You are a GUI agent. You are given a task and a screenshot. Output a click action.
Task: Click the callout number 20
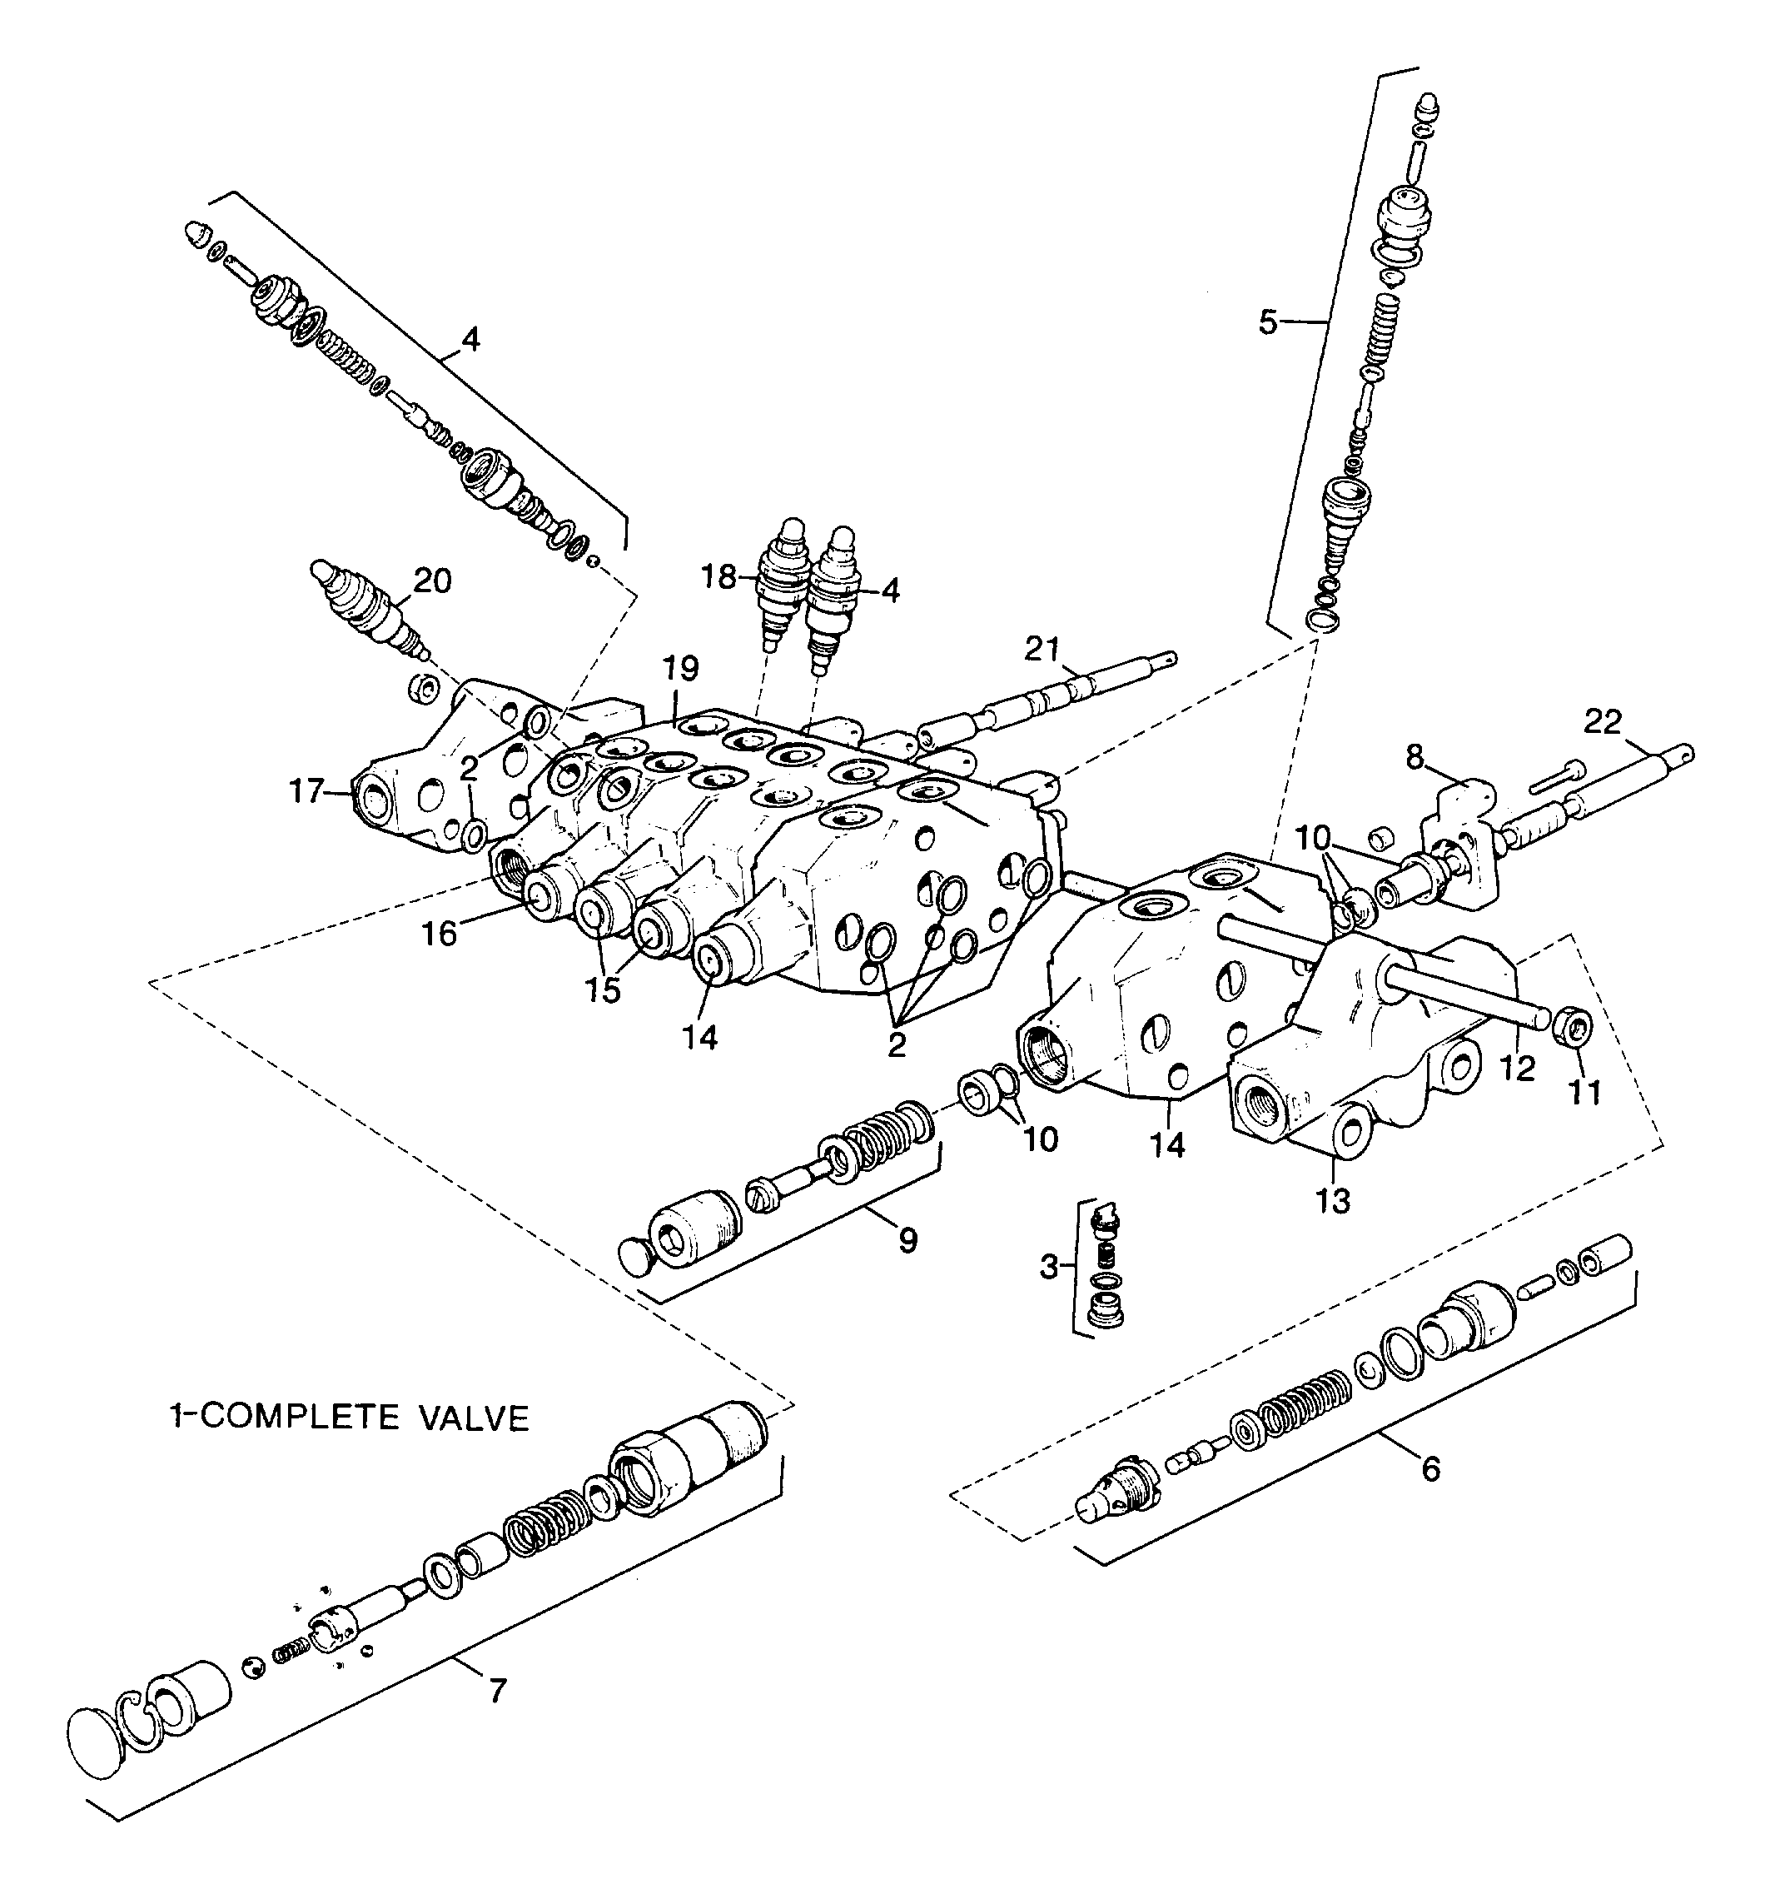coord(433,580)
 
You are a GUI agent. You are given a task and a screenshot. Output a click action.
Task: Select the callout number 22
coord(1603,721)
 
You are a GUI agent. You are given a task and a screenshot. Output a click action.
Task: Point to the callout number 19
coord(680,668)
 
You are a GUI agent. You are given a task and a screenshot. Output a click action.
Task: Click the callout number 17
coord(308,790)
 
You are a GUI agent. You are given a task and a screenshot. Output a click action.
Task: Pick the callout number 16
coord(440,934)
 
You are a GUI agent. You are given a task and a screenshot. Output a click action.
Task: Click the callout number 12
coord(1517,1068)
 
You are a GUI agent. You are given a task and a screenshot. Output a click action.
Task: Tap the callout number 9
coord(907,1240)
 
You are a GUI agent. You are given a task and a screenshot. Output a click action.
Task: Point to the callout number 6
coord(1429,1469)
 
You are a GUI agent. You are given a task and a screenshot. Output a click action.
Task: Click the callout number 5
coord(1269,322)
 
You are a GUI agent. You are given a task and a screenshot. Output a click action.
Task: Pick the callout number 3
coord(1048,1266)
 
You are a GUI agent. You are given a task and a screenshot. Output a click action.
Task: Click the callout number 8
coord(1414,756)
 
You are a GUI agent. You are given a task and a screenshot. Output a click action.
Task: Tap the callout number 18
coord(719,576)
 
